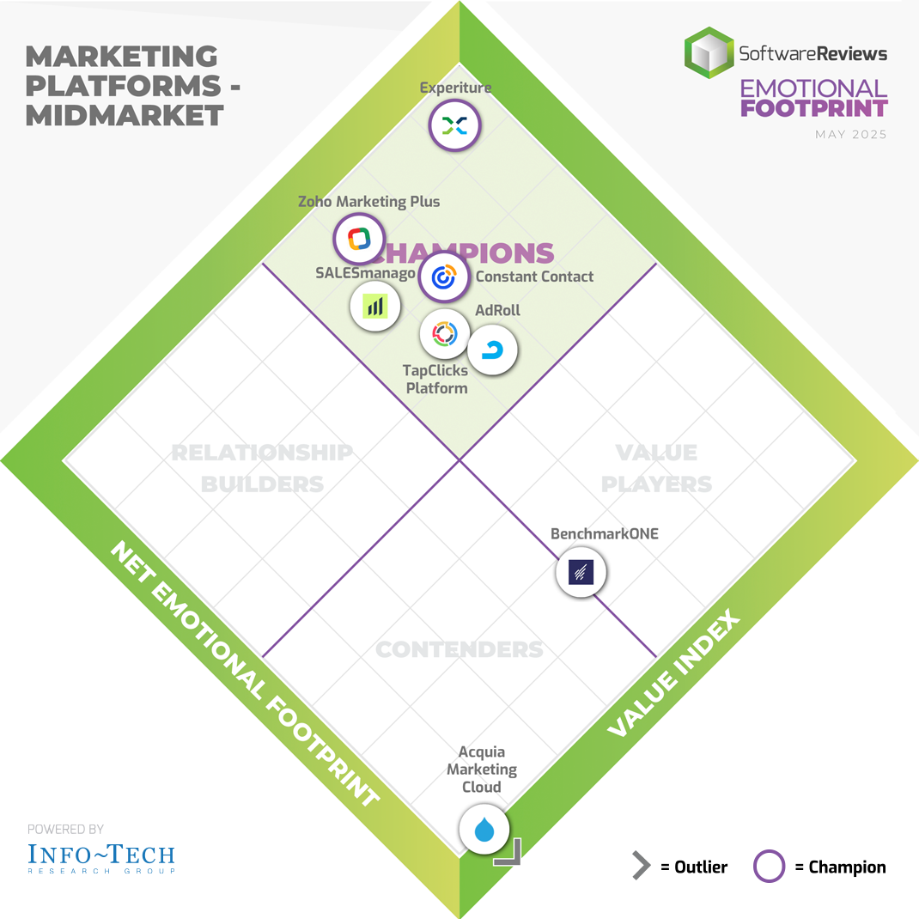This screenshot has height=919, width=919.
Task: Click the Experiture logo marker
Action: [x=453, y=126]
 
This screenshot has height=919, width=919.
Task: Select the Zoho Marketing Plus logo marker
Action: [x=359, y=238]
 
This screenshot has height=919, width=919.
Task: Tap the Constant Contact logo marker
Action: [x=444, y=277]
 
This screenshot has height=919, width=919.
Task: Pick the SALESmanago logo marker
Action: [x=375, y=306]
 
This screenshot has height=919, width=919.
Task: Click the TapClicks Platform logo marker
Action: [x=444, y=333]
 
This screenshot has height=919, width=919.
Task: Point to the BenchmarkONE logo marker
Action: [x=581, y=572]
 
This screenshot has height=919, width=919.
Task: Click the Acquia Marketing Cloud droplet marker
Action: [x=484, y=829]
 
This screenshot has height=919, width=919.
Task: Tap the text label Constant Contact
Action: [x=534, y=277]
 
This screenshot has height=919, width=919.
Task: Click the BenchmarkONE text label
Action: [x=593, y=533]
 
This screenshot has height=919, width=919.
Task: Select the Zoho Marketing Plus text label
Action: [x=368, y=202]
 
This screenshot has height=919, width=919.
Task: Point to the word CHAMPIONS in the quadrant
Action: [x=468, y=253]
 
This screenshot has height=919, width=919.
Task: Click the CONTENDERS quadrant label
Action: [x=459, y=649]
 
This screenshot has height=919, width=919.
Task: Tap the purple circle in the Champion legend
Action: [x=769, y=867]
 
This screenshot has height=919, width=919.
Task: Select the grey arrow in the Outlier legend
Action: [x=641, y=867]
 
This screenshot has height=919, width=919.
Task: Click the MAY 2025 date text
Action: [x=851, y=135]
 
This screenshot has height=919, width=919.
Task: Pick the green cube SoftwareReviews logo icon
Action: [x=709, y=53]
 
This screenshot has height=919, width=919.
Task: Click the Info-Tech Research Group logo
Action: [x=101, y=856]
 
